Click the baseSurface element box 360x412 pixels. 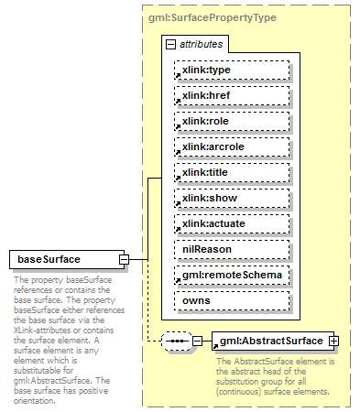pos(63,259)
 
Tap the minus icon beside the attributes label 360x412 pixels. pos(170,43)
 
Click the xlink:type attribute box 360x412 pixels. pos(232,69)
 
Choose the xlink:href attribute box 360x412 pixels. pos(232,94)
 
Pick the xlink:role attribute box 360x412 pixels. pos(232,120)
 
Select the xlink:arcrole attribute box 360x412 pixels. pos(232,146)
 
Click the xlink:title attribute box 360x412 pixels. pos(232,171)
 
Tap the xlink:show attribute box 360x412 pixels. pos(232,197)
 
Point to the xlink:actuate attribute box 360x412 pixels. pos(232,222)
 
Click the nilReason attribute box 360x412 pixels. pos(232,248)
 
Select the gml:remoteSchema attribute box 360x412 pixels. pos(232,274)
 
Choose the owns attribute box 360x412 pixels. pos(232,299)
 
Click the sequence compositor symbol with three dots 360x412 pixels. pos(174,341)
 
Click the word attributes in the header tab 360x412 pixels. pos(199,43)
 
